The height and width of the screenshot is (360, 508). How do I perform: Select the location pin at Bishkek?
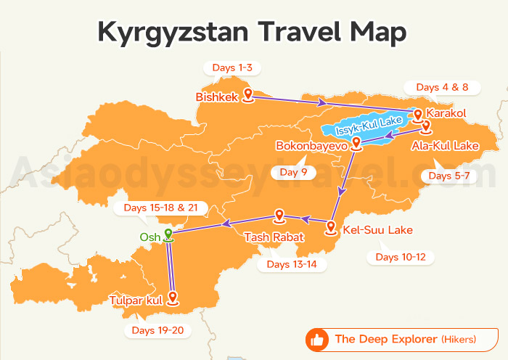coord(247,94)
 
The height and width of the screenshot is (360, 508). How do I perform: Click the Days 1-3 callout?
coord(232,68)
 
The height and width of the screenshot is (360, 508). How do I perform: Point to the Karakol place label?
coord(446,114)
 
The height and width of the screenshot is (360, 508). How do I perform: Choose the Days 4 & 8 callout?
coord(442,87)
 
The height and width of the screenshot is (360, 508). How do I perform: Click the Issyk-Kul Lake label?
coord(369,124)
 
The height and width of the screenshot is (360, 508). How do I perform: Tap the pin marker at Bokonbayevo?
coord(356,143)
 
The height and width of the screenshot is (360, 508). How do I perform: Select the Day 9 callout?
coord(293,172)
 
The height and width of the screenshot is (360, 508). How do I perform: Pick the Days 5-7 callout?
coord(449,176)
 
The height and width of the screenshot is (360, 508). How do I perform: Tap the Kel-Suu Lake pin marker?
coord(331,227)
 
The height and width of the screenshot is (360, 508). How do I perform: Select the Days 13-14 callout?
coord(291,264)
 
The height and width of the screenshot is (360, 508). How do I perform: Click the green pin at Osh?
coord(168,234)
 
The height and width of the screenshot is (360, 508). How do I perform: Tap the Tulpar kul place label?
coord(135,300)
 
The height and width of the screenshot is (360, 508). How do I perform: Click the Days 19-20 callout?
coord(157,331)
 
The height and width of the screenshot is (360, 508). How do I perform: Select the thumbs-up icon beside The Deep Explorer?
coord(316,339)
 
